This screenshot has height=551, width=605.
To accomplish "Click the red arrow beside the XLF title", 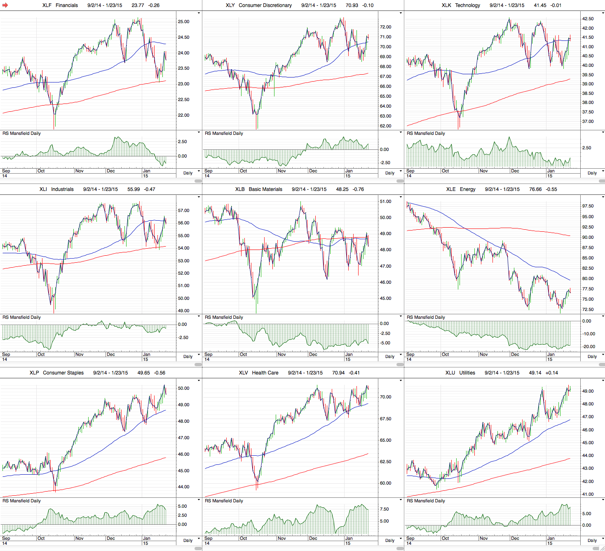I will point(5,5).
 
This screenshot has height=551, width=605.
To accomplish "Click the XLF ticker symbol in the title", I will point(47,5).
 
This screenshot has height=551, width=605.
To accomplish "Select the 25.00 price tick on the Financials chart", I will point(183,21).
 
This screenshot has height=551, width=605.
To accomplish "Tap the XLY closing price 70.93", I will point(352,5).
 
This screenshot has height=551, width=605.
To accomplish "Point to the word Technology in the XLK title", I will point(467,5).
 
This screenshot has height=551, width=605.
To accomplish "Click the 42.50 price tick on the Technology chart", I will point(588,19).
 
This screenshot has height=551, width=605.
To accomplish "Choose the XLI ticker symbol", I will point(43,189).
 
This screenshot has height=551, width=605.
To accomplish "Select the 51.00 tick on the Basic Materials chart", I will point(385,201).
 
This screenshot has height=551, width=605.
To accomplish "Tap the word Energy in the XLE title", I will point(467,189).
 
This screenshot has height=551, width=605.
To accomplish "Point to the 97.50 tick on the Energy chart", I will point(588,206).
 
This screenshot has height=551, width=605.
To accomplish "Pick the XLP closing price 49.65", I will point(143,373).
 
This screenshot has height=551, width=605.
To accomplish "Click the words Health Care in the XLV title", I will point(265,373).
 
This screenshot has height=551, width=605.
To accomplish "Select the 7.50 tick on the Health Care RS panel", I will point(384,509).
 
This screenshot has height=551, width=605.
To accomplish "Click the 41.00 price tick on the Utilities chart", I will point(588,494).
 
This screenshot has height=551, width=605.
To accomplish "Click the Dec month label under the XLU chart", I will point(515,538).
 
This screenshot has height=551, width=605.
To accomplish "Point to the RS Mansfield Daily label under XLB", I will point(224,317).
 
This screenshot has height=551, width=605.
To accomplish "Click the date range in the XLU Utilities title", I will point(502,373).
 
